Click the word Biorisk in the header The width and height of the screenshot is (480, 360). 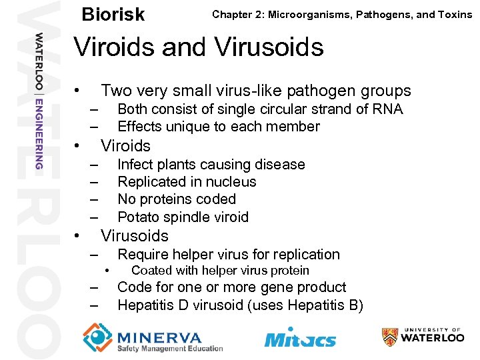coord(112,15)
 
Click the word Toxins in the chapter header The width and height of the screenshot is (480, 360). coord(453,14)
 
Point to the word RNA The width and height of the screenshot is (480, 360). coord(387,109)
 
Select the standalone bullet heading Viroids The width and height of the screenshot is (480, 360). coord(125,146)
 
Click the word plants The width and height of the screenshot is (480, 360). coord(175,165)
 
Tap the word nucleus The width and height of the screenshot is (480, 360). coord(231,182)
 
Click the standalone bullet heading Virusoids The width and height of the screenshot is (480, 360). coord(134,236)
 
